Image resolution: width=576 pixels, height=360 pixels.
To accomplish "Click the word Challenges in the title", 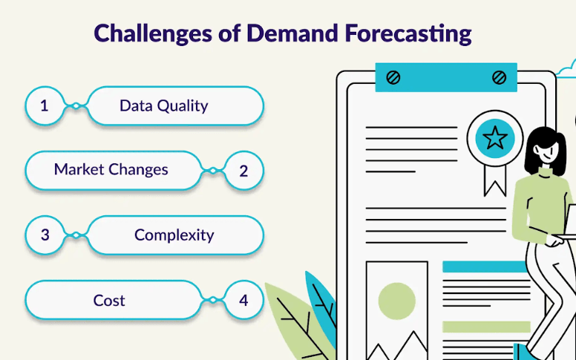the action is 153,34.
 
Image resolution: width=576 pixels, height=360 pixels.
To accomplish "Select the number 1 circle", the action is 45,106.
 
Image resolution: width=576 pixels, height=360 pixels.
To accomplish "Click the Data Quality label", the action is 164,106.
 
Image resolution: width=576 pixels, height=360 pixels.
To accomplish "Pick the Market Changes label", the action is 111,170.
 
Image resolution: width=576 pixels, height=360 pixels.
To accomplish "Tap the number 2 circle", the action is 244,171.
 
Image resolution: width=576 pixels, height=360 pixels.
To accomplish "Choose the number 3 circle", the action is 45,235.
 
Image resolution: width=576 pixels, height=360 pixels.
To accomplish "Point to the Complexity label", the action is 174,235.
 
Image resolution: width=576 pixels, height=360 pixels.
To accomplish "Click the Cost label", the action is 109,301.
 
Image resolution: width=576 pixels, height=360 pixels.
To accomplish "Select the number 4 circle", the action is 244,300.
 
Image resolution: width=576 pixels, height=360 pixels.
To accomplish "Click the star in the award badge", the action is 495,138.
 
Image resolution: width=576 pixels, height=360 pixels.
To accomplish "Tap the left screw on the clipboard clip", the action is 393,77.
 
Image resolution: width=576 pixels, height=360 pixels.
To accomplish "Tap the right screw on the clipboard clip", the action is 499,77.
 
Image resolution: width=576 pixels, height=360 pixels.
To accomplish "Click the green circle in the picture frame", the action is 396,301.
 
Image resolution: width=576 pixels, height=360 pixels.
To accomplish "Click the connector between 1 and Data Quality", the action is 76,106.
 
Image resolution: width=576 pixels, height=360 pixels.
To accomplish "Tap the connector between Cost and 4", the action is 213,300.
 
